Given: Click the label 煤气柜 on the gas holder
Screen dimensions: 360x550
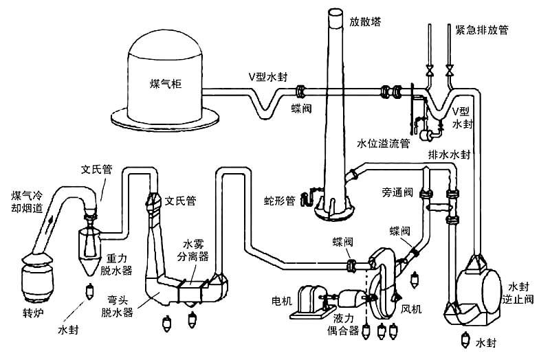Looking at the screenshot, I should pos(166,84).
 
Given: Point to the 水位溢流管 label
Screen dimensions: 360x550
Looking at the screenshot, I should pos(383,144).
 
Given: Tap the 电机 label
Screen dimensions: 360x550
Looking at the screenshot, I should pos(283,300).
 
